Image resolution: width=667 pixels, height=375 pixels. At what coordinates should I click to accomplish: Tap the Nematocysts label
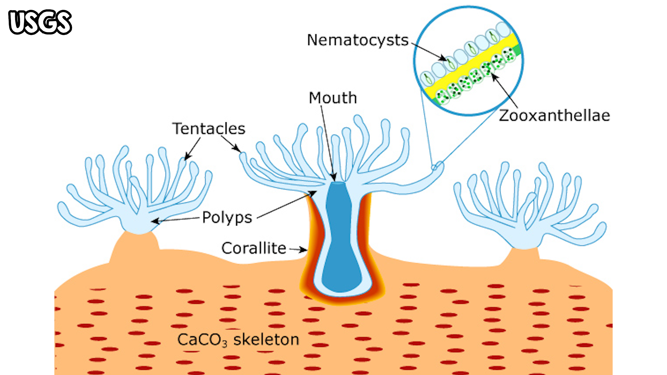[x=357, y=40]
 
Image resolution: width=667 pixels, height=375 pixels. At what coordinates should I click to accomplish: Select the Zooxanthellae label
[x=554, y=115]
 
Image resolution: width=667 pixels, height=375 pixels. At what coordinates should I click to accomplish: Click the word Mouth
[x=333, y=98]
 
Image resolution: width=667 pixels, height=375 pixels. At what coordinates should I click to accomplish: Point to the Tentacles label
[x=209, y=129]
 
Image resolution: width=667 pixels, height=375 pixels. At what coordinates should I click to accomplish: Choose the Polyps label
[x=227, y=217]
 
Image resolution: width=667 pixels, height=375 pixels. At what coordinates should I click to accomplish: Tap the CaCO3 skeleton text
[x=238, y=340]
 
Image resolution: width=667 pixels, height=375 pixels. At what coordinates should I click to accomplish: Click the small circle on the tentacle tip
[x=434, y=167]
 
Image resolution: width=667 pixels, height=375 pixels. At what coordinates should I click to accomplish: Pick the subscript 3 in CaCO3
[x=225, y=344]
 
